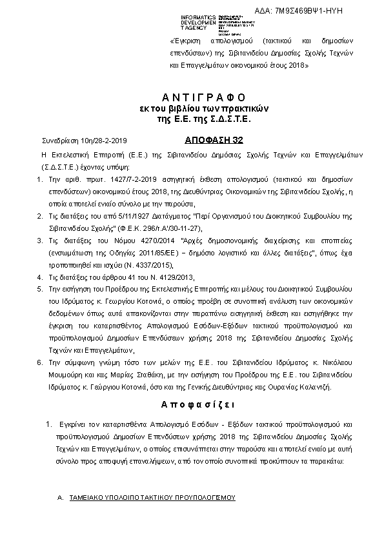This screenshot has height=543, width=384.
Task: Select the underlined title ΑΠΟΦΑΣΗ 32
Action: coord(198,139)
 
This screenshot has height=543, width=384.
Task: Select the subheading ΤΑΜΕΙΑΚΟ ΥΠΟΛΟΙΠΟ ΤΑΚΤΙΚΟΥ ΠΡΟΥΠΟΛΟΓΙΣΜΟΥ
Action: coord(152,499)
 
